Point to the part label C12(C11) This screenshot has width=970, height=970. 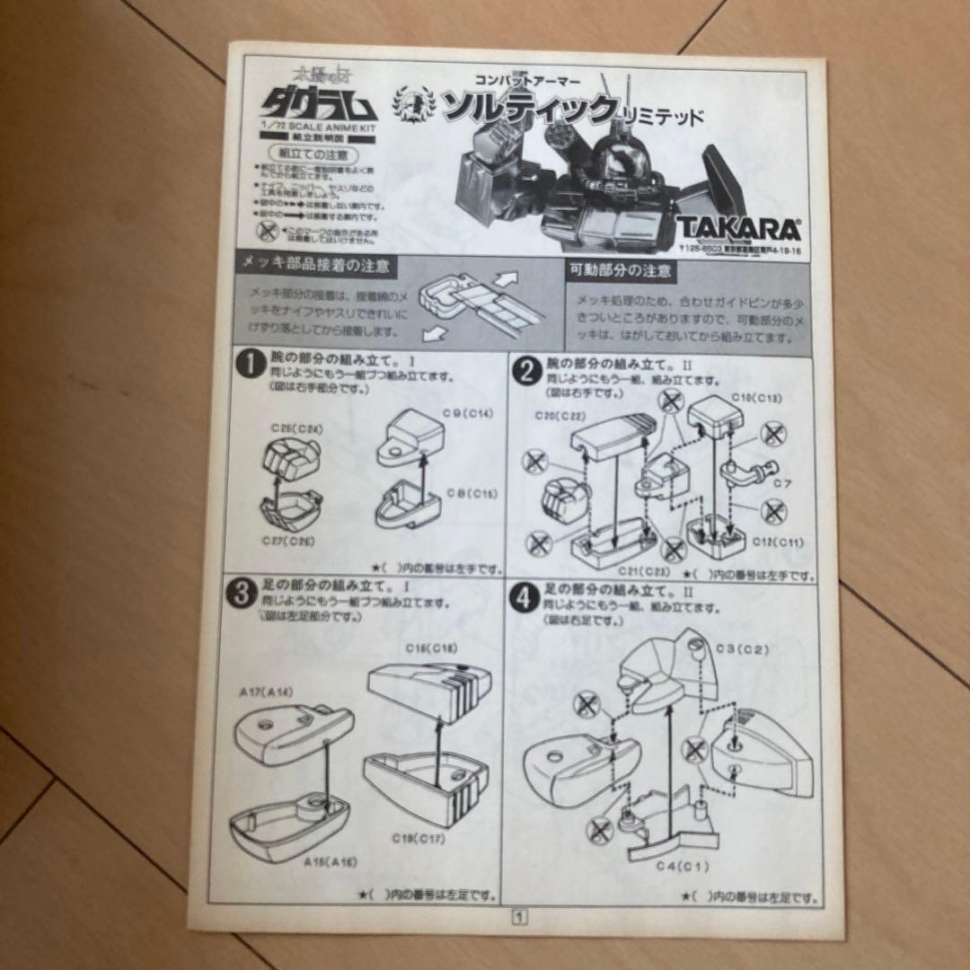[x=780, y=541]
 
